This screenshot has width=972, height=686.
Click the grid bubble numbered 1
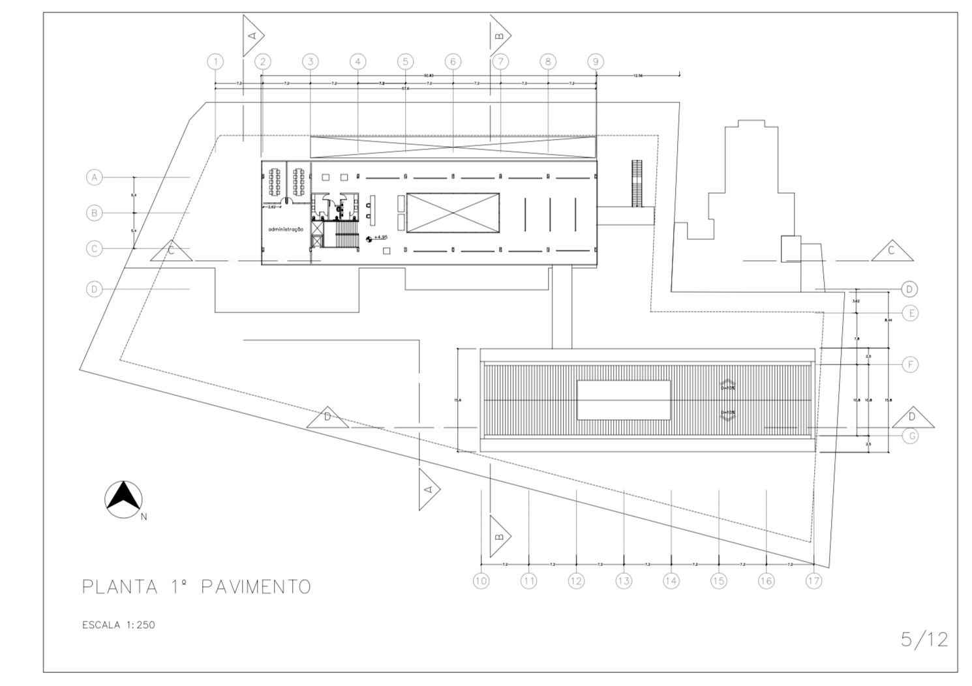coord(215,62)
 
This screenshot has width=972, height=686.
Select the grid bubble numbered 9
coord(595,62)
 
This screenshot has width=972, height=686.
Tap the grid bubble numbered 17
coord(813,580)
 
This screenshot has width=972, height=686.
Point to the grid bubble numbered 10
coord(481,580)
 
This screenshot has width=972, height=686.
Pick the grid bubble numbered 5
coord(405,62)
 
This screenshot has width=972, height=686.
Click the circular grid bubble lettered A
coord(95,177)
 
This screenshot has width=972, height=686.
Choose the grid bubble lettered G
coord(911,436)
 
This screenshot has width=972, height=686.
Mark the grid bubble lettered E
coord(911,313)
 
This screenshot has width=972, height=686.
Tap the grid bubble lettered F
coord(911,365)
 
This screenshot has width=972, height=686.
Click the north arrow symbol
coord(124,500)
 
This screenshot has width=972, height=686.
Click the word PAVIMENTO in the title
coord(256,586)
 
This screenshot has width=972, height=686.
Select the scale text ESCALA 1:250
coord(119,625)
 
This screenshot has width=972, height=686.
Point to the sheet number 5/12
coord(924,639)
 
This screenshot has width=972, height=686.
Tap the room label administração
coord(286,230)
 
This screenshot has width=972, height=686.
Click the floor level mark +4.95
coord(380,237)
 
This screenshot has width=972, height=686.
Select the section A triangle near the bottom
coord(429,489)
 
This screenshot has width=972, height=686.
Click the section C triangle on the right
coord(891,251)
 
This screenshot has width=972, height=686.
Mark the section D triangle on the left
coord(327,418)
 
